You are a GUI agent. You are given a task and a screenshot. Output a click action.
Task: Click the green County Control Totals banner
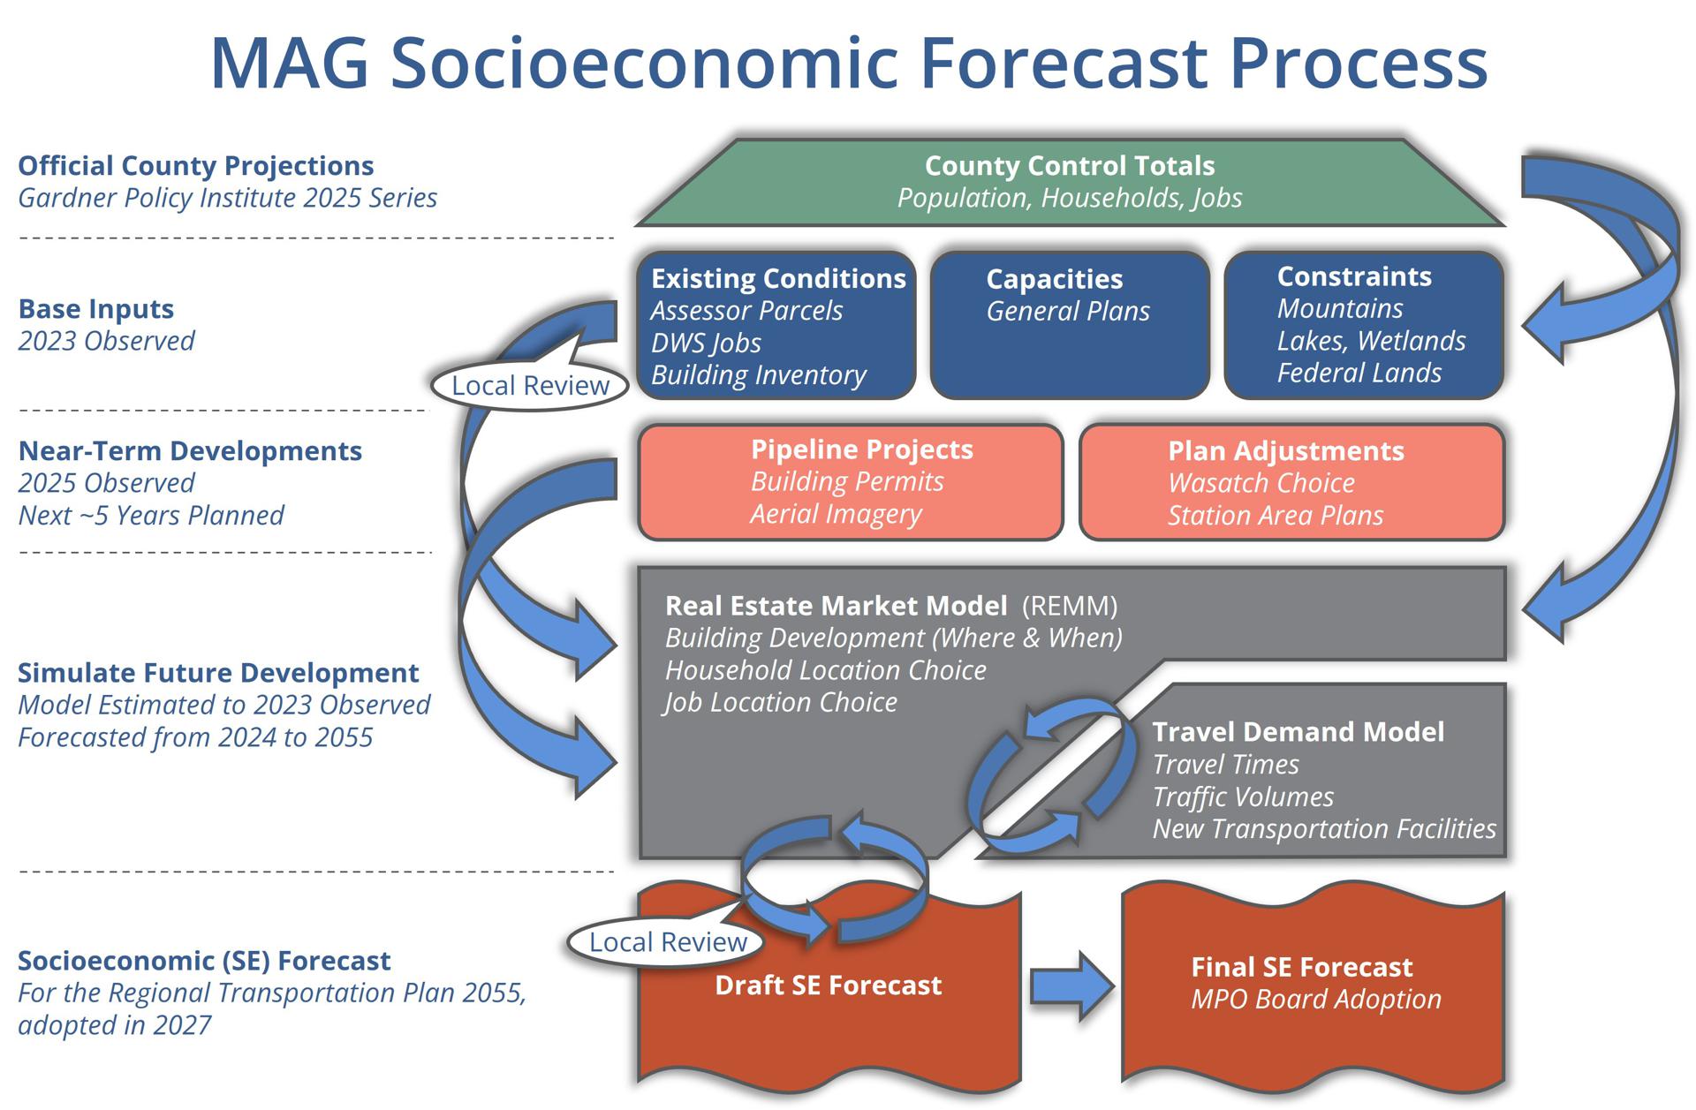pos(1069,182)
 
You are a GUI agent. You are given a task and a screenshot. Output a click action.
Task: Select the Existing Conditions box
pos(776,326)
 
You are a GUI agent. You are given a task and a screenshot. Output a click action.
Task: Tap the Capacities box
pos(1069,326)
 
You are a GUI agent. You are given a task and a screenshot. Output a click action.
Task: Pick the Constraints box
pos(1363,325)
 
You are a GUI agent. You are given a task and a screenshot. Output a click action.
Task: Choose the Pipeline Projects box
pos(850,482)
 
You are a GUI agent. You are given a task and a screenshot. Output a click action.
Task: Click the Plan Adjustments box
pos(1291,482)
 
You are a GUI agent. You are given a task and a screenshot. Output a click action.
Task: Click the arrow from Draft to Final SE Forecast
pos(1071,985)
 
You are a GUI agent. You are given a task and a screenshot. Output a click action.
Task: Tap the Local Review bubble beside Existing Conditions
pos(530,386)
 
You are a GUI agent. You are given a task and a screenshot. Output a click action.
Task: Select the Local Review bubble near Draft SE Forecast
pos(668,942)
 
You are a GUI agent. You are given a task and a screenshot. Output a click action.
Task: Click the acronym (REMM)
pos(1069,606)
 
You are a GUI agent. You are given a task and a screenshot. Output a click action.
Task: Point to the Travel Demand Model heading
pos(1298,732)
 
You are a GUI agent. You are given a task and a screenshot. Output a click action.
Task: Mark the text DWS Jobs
pos(706,343)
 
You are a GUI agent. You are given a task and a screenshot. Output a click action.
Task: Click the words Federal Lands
pos(1359,373)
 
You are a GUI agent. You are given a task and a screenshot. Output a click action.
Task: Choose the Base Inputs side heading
pos(96,309)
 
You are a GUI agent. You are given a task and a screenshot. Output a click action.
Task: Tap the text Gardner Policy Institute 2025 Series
pos(227,198)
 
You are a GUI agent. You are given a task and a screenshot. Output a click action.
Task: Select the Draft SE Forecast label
pos(828,985)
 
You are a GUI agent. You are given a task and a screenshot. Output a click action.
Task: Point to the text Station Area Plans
pos(1275,515)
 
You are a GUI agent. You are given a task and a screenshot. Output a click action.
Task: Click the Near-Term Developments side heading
pos(190,451)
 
